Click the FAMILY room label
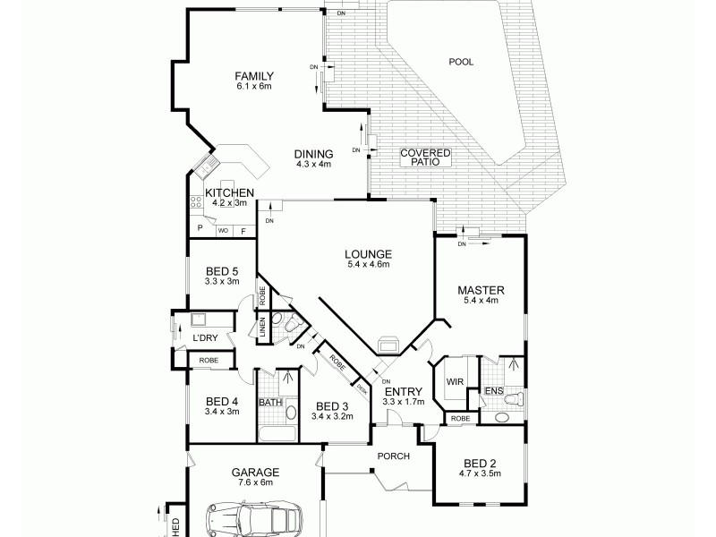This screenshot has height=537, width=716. pyautogui.click(x=253, y=75)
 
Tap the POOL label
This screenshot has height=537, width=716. pyautogui.click(x=461, y=62)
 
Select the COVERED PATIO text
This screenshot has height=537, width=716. pyautogui.click(x=425, y=158)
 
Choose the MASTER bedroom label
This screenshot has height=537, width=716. pyautogui.click(x=481, y=290)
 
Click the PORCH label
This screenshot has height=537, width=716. pyautogui.click(x=394, y=456)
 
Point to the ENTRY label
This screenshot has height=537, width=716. pyautogui.click(x=397, y=391)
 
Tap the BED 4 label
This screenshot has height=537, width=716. pyautogui.click(x=221, y=401)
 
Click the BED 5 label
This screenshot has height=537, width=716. pyautogui.click(x=222, y=271)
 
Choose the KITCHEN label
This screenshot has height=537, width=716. pyautogui.click(x=230, y=192)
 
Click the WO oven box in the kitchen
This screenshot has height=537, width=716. pyautogui.click(x=222, y=230)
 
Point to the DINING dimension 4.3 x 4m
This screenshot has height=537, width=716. pyautogui.click(x=313, y=164)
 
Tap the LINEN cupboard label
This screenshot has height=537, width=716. pyautogui.click(x=263, y=328)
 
